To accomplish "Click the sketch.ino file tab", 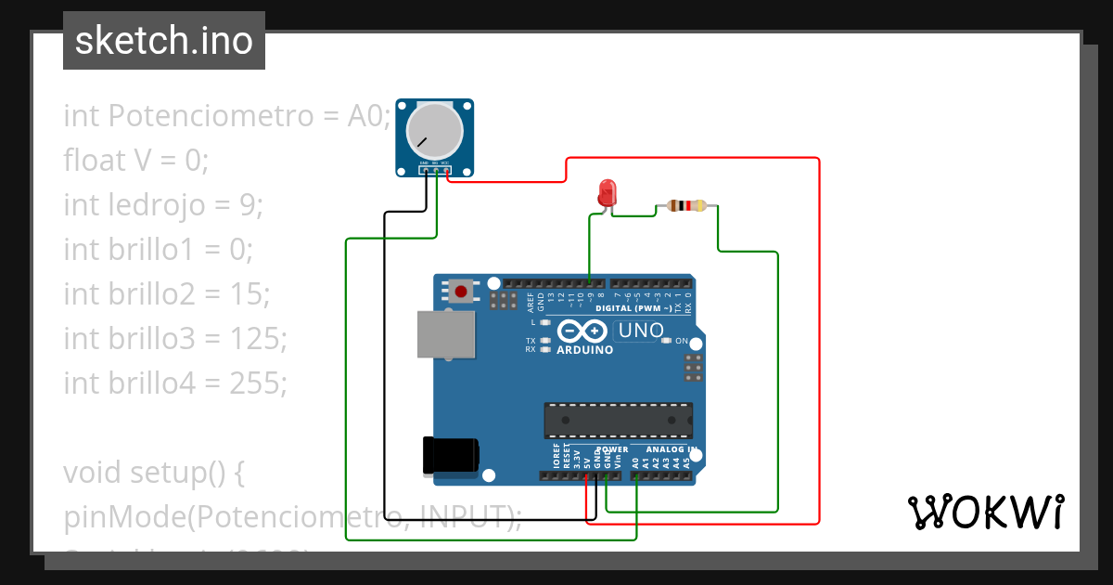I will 163,41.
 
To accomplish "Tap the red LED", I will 607,193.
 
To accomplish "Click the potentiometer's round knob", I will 434,131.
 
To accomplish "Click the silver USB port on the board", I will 445,334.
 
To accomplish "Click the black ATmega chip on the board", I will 618,420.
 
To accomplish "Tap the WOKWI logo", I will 985,512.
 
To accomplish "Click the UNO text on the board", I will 641,331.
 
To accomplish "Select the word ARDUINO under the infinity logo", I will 584,350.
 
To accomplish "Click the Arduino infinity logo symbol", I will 582,331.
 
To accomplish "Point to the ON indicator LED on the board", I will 666,341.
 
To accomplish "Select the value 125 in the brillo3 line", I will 264,338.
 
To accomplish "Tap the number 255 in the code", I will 264,383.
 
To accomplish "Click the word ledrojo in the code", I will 151,204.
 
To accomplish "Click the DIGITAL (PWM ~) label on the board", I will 633,307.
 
